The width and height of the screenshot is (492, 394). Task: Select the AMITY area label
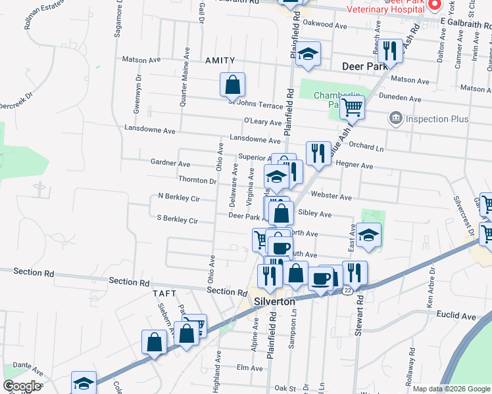[x=220, y=60]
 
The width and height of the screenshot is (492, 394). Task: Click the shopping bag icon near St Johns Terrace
[x=232, y=85]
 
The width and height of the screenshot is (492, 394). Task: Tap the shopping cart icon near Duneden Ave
[x=353, y=106]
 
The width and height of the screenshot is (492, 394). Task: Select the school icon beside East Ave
[x=369, y=235]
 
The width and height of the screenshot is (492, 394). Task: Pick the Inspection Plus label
[x=436, y=119]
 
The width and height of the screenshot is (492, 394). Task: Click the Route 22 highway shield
[x=347, y=289]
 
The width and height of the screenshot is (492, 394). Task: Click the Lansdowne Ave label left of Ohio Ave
[x=150, y=131]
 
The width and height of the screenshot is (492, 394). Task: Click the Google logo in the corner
[x=21, y=386]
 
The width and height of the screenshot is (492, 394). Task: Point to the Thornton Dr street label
[x=197, y=180]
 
